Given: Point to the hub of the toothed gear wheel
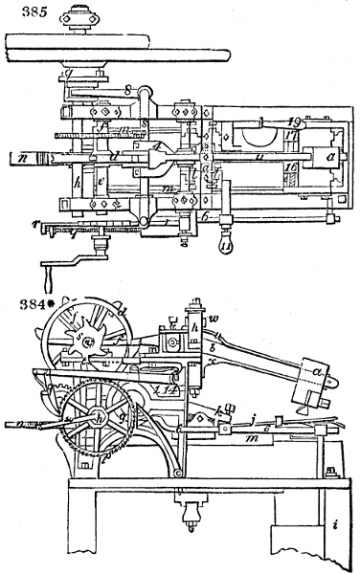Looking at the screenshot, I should [x=89, y=420].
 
